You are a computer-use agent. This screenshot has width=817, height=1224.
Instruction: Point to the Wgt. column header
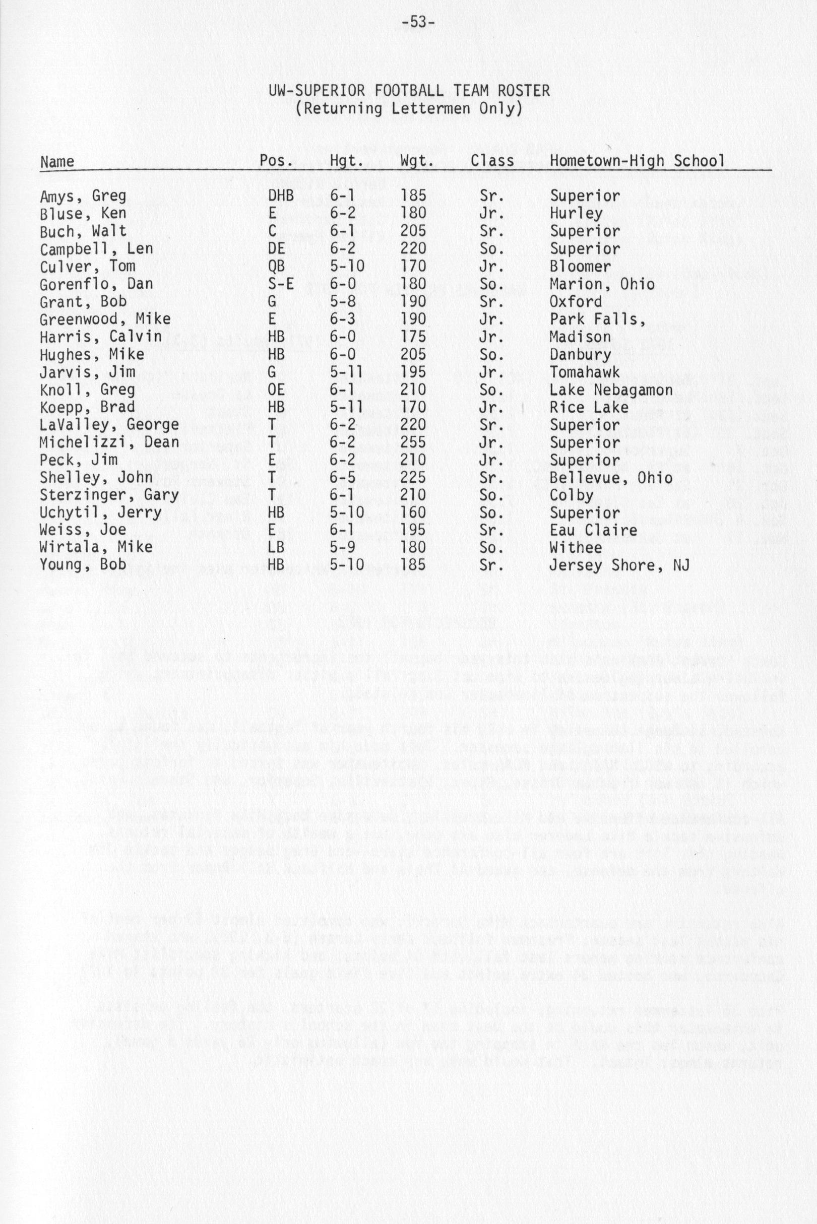coord(417,160)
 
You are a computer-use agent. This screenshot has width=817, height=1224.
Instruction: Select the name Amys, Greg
coord(83,197)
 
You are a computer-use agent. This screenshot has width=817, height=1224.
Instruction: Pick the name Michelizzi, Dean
coord(109,443)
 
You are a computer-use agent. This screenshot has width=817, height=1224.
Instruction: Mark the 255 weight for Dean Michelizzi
coord(413,443)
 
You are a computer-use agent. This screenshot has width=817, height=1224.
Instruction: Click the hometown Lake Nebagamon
coord(611,390)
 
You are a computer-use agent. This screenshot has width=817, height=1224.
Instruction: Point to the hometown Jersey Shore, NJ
coord(619,565)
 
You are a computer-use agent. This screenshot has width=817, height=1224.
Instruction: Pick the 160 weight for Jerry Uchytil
coord(413,513)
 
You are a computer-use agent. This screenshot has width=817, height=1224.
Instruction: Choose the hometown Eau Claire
coord(593,530)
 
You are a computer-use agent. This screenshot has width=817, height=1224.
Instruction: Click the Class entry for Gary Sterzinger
coord(490,495)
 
